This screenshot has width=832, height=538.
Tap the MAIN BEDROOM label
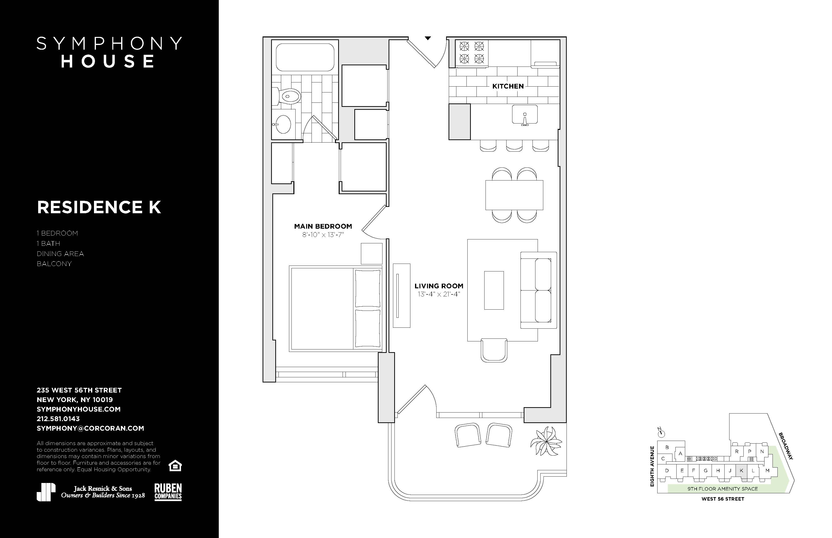pos(323,226)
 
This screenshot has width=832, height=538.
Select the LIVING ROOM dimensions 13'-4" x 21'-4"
pos(439,294)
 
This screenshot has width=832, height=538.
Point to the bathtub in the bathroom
pos(305,57)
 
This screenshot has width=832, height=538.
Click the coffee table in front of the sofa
pos(494,290)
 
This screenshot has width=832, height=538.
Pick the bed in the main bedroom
pos(335,309)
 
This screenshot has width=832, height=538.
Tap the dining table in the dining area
pos(514,195)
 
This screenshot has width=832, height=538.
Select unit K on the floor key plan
pos(741,471)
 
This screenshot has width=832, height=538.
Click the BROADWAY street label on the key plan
pos(785,446)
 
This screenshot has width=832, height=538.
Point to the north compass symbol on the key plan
pos(661,434)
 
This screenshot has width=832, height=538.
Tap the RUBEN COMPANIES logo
pos(168,492)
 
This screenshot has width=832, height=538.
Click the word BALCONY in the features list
pos(54,264)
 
